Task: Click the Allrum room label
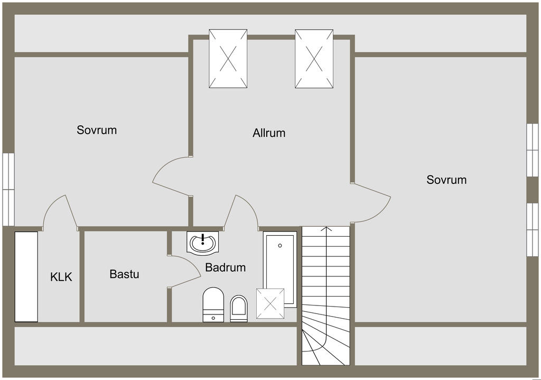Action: [x=269, y=133]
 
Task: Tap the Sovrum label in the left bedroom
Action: [x=97, y=130]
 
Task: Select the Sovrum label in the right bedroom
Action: [x=446, y=180]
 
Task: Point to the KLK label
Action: [x=61, y=276]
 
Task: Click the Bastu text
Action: [x=124, y=274]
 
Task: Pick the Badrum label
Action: [x=226, y=267]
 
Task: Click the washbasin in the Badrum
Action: [x=202, y=243]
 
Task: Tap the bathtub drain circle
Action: [x=280, y=245]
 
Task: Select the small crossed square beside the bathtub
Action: [x=270, y=304]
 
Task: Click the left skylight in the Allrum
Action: [x=228, y=59]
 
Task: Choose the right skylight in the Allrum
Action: [x=314, y=59]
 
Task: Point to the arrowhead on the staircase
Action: [x=327, y=229]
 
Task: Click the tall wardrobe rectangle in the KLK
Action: [x=26, y=276]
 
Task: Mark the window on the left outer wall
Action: [x=8, y=189]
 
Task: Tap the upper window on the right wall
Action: [x=532, y=150]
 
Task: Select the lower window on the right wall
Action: [x=532, y=229]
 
